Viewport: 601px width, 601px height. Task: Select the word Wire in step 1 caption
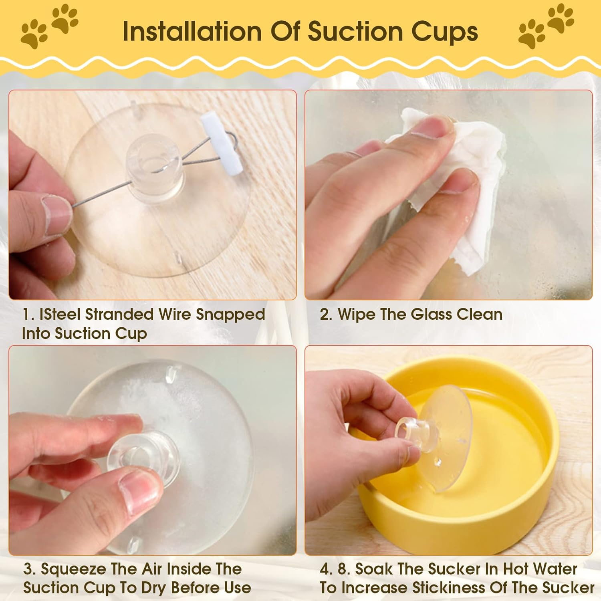pyautogui.click(x=174, y=314)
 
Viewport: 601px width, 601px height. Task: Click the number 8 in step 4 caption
pyautogui.click(x=343, y=569)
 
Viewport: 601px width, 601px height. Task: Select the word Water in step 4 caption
pyautogui.click(x=555, y=569)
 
